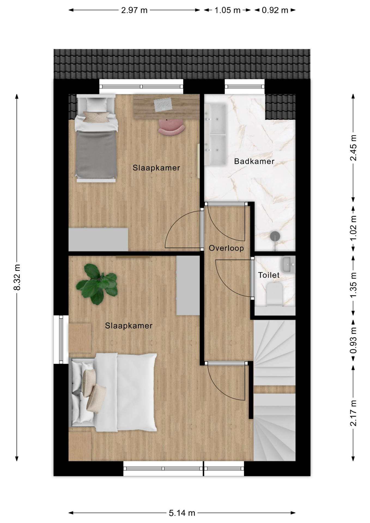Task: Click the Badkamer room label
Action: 254,161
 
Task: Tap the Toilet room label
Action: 269,275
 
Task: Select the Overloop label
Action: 226,248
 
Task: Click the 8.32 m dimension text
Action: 17,277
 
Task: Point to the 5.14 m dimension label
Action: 182,513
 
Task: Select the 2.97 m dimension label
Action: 134,10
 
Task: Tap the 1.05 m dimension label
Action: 228,10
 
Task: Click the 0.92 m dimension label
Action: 275,10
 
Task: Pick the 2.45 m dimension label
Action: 353,148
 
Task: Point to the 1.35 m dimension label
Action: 353,285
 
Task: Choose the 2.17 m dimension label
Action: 353,413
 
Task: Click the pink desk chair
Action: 172,127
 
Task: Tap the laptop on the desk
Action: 163,105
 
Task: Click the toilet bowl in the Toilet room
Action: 274,294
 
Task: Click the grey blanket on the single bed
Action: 96,153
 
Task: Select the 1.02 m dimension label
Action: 353,228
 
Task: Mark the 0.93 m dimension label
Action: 353,340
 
